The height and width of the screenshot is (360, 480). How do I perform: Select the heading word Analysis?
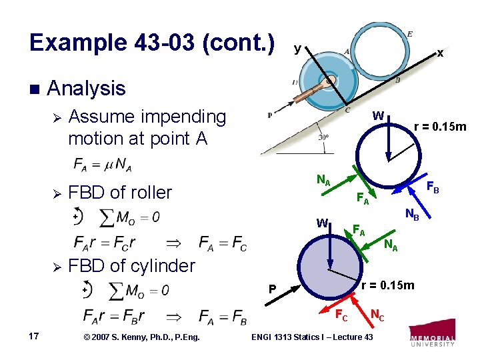(87, 88)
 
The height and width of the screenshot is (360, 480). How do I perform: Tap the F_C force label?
(341, 315)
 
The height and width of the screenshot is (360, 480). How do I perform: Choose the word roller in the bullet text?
(150, 193)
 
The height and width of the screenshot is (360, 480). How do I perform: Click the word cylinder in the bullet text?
(156, 265)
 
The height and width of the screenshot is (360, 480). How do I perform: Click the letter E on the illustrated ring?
(409, 35)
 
